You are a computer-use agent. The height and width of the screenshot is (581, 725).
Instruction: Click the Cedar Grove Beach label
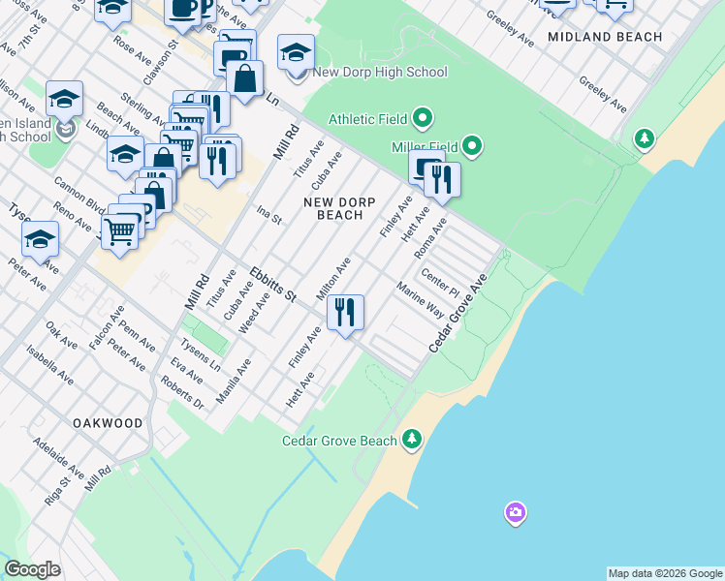click(339, 441)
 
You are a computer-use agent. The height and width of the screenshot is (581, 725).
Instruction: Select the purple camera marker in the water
click(516, 511)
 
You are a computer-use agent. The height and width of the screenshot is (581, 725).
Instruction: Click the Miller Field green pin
click(472, 147)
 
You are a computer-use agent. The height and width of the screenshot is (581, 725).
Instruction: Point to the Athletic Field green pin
click(422, 119)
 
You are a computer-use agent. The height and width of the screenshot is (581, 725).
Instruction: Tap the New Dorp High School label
click(380, 72)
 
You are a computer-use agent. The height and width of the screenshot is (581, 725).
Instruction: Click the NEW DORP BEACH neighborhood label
click(333, 208)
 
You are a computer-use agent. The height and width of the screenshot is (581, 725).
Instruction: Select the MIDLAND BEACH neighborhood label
click(605, 37)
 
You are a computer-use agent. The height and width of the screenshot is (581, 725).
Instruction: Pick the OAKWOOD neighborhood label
click(107, 423)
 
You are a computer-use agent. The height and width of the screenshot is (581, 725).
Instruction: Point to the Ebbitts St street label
click(272, 284)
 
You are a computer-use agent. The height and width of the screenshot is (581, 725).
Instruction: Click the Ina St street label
click(268, 214)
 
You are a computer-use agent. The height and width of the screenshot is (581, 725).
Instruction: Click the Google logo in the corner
click(32, 569)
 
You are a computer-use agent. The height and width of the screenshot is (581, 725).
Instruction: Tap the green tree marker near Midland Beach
click(644, 139)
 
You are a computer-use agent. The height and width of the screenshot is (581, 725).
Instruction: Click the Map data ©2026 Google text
click(665, 573)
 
